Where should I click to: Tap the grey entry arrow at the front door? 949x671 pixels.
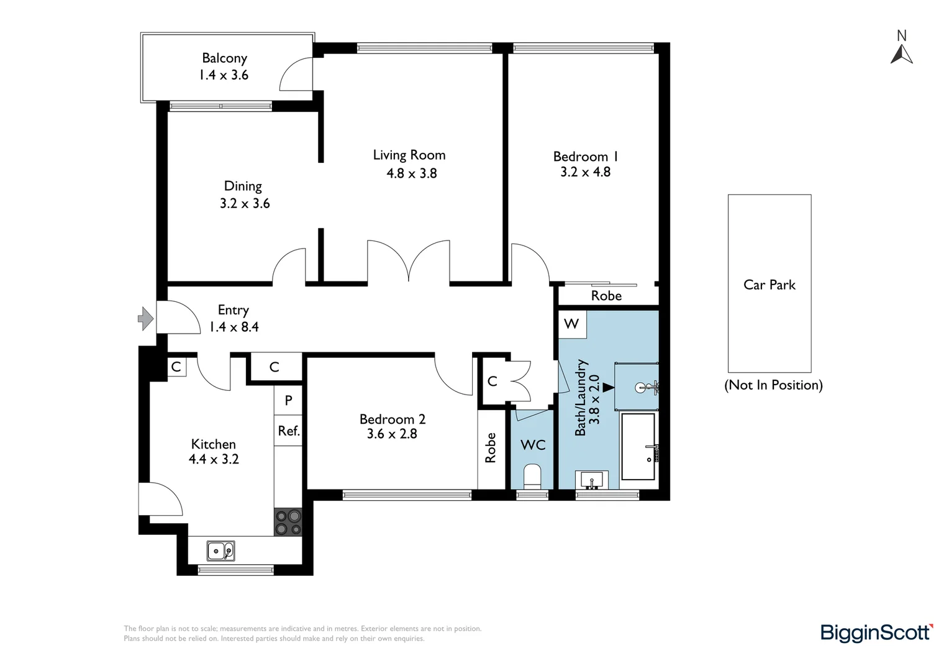click(145, 319)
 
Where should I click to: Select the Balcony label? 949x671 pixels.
click(224, 58)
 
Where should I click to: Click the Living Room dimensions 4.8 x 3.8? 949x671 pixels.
click(411, 173)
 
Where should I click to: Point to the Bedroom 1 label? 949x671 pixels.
click(585, 157)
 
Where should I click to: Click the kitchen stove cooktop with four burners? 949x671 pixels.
click(288, 522)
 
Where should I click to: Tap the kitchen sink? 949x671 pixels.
click(220, 550)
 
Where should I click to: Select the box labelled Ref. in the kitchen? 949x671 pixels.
click(288, 431)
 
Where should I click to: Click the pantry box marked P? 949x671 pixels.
click(288, 400)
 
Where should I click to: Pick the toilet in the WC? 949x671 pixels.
click(532, 477)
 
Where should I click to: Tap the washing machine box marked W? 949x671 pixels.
click(571, 324)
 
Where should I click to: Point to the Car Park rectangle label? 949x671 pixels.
click(769, 285)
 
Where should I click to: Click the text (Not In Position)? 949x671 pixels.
click(773, 385)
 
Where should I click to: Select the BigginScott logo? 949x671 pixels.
click(876, 632)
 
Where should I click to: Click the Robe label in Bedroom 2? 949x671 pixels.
click(491, 447)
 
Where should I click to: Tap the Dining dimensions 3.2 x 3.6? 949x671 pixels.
click(245, 203)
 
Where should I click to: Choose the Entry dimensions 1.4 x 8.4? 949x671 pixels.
click(234, 327)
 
